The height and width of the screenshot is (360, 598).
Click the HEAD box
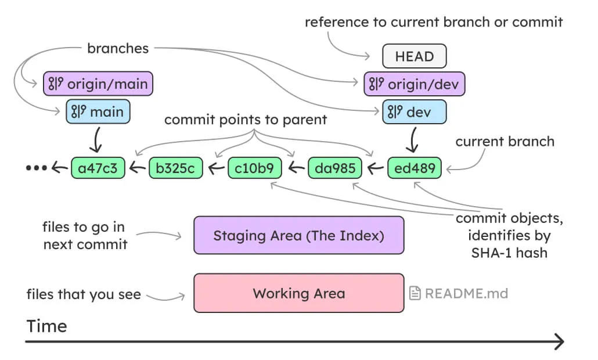[x=414, y=56]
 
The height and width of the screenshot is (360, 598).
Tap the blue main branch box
[x=98, y=111]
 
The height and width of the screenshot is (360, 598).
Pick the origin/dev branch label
[x=415, y=84]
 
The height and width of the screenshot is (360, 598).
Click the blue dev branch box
[x=415, y=112]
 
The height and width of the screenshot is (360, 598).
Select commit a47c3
[x=98, y=168]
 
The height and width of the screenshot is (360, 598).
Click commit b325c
[x=176, y=168]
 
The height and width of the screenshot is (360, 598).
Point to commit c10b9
[x=255, y=168]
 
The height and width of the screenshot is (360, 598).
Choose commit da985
[x=334, y=168]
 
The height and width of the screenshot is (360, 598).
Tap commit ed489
[x=414, y=168]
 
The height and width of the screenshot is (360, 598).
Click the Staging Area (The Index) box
[x=298, y=235]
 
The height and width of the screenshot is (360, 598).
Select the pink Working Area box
[x=298, y=293]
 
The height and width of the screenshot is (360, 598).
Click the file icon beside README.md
[x=415, y=293]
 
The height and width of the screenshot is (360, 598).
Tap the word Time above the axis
[x=46, y=326]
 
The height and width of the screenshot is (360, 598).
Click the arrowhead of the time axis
[x=559, y=342]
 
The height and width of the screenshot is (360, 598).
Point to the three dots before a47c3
[x=36, y=168]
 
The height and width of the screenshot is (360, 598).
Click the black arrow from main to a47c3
[x=98, y=140]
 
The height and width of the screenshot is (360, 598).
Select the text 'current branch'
[x=505, y=141]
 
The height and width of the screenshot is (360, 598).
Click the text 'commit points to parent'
[x=246, y=120]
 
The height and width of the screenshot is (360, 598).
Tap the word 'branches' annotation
[x=118, y=48]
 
